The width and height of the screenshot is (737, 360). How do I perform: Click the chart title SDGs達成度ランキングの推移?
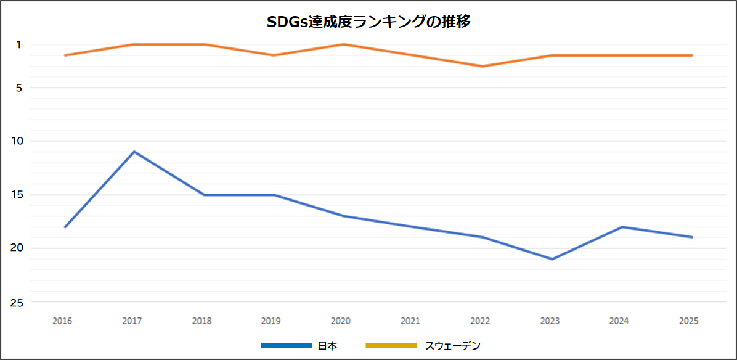[368, 22]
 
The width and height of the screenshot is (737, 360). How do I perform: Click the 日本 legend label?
[327, 346]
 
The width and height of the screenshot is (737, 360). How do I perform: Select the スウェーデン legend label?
[452, 346]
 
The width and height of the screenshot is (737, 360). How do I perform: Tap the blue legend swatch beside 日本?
[286, 346]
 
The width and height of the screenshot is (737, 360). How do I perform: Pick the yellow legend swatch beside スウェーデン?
[391, 346]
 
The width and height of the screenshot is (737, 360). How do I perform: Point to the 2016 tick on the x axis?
[62, 321]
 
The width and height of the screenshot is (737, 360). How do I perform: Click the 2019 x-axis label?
[271, 321]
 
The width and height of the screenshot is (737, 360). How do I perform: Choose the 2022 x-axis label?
[480, 321]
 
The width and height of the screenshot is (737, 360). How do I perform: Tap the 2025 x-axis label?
[688, 321]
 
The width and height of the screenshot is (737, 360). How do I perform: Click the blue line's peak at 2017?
[134, 152]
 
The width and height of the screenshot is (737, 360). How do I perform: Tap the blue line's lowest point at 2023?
[552, 259]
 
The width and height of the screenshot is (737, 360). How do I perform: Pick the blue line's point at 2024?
[622, 227]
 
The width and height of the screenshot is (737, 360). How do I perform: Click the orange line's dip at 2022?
[483, 66]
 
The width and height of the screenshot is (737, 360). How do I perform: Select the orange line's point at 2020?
[343, 44]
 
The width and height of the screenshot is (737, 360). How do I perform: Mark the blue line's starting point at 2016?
[65, 227]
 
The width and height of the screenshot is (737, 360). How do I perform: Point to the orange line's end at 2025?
[691, 55]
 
